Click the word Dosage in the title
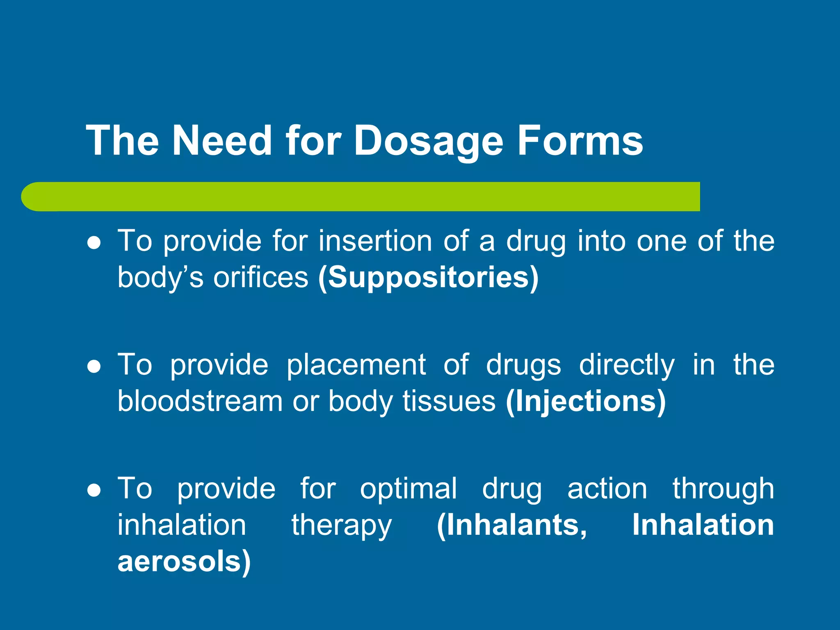click(428, 142)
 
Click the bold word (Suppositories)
click(428, 278)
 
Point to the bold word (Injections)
click(586, 401)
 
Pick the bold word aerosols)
click(184, 562)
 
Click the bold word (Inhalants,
click(512, 525)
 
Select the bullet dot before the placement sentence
click(94, 366)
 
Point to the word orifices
click(260, 278)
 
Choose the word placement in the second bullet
click(356, 365)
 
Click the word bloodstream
click(200, 401)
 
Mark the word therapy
click(342, 526)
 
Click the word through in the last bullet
click(723, 489)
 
